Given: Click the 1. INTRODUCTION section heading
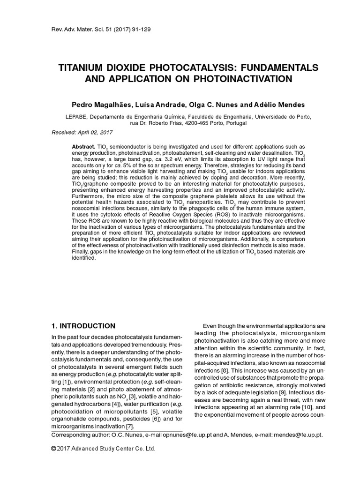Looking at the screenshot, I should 82,326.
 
